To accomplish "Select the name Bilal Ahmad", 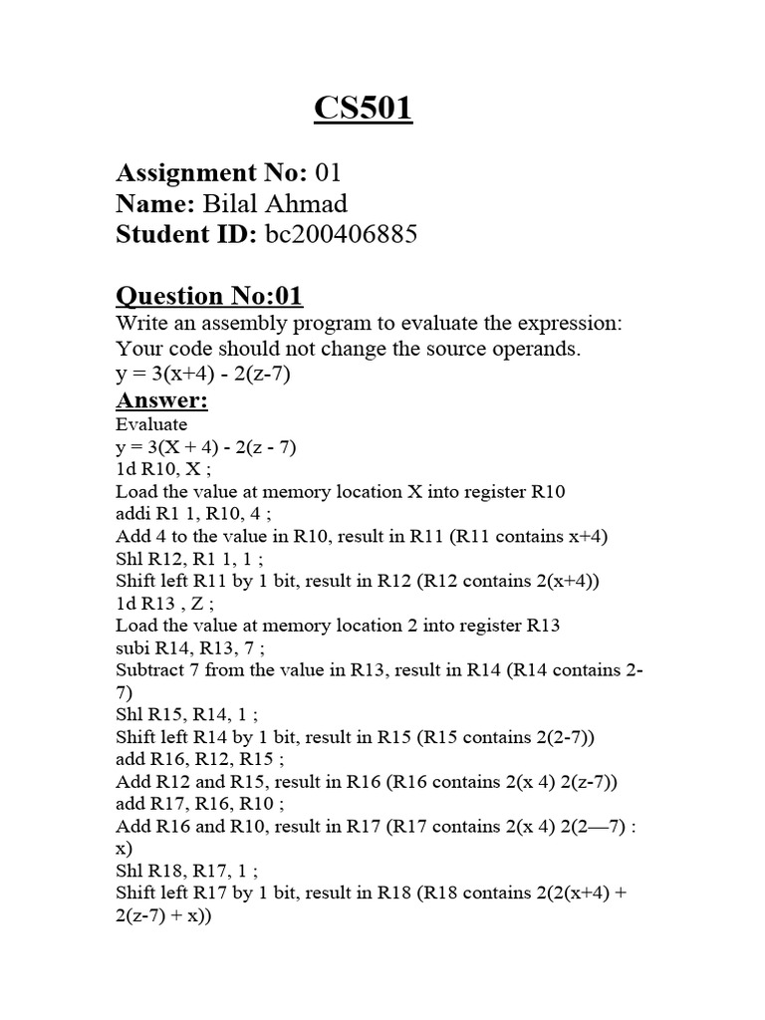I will [275, 204].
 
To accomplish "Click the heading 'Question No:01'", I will [209, 296].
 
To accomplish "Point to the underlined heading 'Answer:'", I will [161, 401].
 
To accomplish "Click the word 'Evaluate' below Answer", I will [151, 425].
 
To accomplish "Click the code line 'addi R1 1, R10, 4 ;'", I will [193, 514].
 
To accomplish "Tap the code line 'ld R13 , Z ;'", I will [167, 604].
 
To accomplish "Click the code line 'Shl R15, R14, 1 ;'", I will [183, 715].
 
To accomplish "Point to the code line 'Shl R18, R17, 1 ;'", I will [185, 871].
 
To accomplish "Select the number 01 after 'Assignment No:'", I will [328, 174].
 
